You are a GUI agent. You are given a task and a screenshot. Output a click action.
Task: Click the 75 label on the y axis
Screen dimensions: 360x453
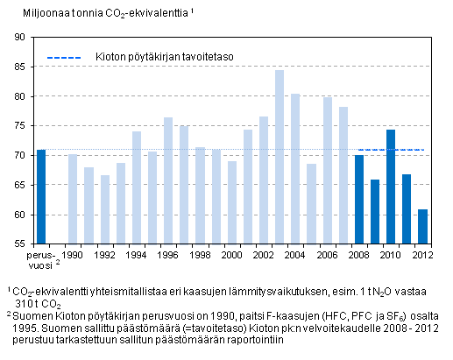click(18, 126)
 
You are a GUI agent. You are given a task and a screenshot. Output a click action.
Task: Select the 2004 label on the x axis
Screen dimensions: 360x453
click(295, 255)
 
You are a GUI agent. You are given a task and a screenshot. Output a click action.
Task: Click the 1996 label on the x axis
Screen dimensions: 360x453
click(168, 255)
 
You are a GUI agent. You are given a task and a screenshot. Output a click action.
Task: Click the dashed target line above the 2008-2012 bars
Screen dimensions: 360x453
click(391, 150)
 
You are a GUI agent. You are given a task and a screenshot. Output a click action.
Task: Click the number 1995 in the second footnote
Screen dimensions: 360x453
click(18, 328)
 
